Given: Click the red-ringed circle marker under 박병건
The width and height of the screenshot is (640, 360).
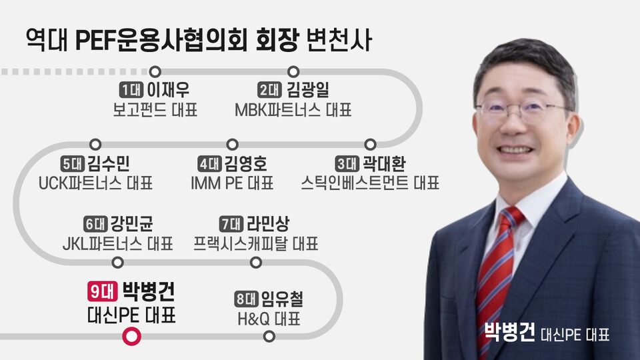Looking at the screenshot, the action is (x=132, y=337).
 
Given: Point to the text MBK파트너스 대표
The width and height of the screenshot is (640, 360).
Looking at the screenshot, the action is (x=293, y=109).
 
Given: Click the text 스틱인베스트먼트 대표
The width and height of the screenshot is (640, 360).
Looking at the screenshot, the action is (x=370, y=183).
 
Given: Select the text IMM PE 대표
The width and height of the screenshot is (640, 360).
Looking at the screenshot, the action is (x=233, y=183).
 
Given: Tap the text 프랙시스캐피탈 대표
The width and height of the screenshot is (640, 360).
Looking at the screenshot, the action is (x=256, y=243).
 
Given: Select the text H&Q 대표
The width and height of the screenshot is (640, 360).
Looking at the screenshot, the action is (x=269, y=319).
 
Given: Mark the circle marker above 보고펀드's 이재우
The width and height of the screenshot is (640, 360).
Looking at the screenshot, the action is (x=155, y=71).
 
